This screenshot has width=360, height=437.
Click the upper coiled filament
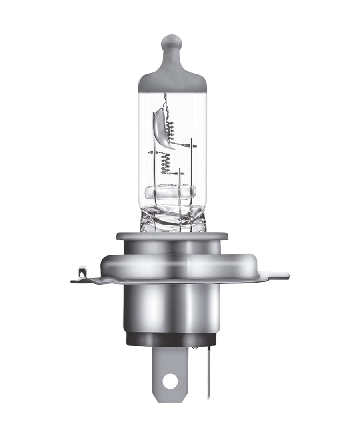coord(173,127)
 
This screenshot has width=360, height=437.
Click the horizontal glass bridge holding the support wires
coord(172,192)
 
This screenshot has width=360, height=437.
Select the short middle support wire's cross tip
coord(180,173)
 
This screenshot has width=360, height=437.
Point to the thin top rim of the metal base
coord(172,237)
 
